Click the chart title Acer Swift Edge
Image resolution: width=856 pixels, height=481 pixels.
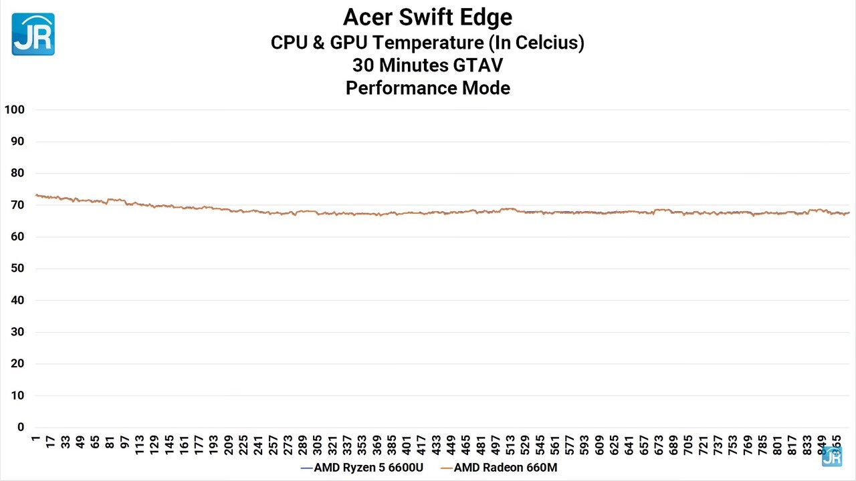tap(427, 17)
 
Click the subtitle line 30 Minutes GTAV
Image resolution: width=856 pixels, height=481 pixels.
tap(427, 65)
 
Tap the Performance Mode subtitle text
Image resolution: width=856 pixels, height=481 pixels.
tap(427, 88)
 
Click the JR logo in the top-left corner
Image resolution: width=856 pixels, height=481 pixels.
tap(33, 34)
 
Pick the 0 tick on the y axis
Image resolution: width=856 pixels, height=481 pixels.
tap(20, 428)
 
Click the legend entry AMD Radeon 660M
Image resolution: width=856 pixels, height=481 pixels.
tap(505, 468)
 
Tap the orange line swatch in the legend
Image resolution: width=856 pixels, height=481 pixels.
tap(446, 468)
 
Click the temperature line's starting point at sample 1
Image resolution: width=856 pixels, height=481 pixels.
tap(36, 195)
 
